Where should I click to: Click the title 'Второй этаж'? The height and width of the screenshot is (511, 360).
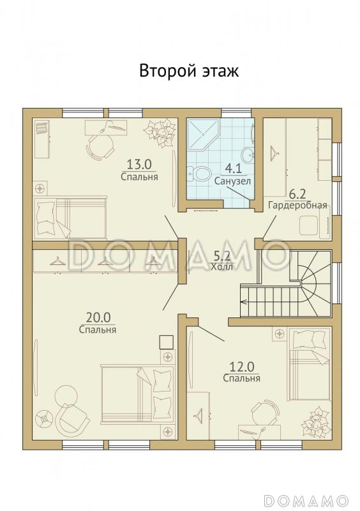[189, 71]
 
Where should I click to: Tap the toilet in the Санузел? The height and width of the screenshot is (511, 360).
[199, 173]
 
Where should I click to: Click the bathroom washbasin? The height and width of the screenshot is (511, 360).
[248, 153]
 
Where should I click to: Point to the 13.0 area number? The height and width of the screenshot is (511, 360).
[139, 165]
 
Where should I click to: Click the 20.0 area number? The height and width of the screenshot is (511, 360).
[98, 317]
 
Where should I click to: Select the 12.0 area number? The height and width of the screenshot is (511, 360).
[241, 367]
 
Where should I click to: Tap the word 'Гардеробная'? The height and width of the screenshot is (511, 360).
[297, 206]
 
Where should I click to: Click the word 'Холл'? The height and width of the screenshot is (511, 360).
[222, 267]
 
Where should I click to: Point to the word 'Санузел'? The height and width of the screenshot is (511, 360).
[232, 181]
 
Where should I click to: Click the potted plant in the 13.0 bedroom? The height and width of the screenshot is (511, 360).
[161, 133]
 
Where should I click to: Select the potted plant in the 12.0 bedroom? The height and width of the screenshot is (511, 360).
[316, 422]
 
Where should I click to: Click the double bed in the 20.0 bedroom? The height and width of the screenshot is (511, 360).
[138, 395]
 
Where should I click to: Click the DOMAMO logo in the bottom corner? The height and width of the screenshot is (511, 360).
[306, 500]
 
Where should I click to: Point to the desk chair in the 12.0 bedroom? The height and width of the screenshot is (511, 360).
[265, 412]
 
